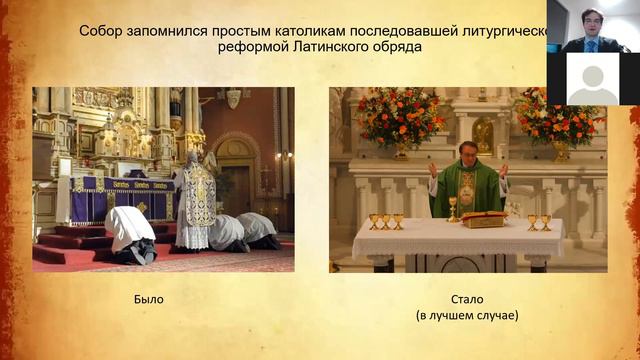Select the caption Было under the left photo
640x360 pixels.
(x=148, y=299)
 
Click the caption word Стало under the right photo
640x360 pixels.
(x=466, y=299)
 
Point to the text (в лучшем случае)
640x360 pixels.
(x=467, y=316)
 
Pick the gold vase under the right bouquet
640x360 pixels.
(x=561, y=150)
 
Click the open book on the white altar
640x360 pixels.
(x=483, y=218)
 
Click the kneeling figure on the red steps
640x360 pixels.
(x=130, y=232)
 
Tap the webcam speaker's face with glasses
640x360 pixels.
(x=590, y=23)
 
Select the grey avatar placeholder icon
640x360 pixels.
(x=593, y=79)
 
